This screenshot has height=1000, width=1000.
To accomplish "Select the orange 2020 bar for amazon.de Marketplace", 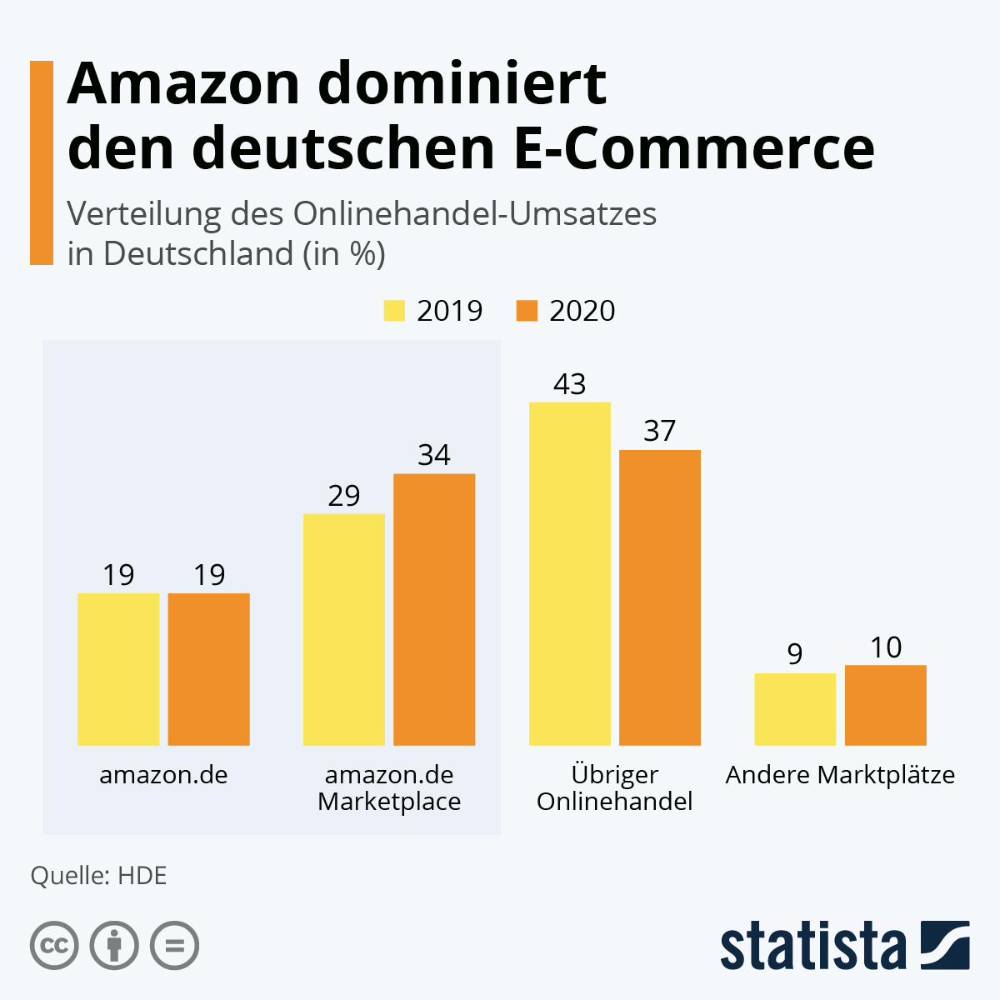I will [434, 609].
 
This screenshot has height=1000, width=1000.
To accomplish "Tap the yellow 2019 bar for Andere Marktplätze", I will [795, 709].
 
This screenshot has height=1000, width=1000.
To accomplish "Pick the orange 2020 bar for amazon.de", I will [208, 669].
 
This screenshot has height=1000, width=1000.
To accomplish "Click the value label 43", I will [570, 384].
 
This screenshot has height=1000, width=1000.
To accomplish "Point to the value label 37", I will [659, 431].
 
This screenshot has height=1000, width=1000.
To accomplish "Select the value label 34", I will [434, 455].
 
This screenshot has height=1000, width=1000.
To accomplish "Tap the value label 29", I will [343, 496].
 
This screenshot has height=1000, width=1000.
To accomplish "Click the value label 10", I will [885, 647].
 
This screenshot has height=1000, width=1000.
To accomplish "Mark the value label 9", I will [795, 655].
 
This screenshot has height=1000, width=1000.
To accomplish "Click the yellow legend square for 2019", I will [394, 311].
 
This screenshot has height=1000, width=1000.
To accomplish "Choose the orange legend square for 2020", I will [527, 311].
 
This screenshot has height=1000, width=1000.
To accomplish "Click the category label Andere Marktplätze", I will [840, 775].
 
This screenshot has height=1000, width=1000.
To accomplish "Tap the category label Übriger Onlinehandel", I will [615, 787].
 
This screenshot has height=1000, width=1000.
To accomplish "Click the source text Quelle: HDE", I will [98, 876].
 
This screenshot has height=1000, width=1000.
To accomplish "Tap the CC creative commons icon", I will [54, 946].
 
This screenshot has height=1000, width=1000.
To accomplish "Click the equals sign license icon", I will [174, 946].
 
